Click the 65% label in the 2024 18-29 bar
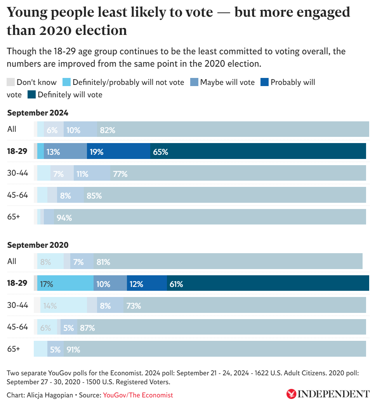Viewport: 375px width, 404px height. [x=160, y=152]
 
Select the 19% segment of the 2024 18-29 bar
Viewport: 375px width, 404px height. [x=118, y=151]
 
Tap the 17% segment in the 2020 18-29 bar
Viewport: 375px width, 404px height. [x=65, y=283]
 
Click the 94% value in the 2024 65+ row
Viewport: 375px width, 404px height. [x=64, y=218]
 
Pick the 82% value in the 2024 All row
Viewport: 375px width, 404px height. [x=108, y=130]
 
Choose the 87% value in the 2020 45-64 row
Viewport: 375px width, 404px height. [x=87, y=328]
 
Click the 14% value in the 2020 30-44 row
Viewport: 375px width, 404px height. [x=50, y=306]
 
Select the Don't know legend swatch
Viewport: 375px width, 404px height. [x=11, y=82]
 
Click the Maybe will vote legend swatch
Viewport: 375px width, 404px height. [x=194, y=82]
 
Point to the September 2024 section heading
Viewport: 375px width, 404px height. [x=38, y=113]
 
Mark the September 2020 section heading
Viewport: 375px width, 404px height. [x=38, y=245]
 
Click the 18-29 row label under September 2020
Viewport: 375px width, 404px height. [x=17, y=283]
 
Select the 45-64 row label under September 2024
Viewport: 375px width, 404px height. [x=17, y=195]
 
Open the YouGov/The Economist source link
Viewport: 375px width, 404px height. [x=138, y=395]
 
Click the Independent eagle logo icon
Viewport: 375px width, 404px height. [x=291, y=394]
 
